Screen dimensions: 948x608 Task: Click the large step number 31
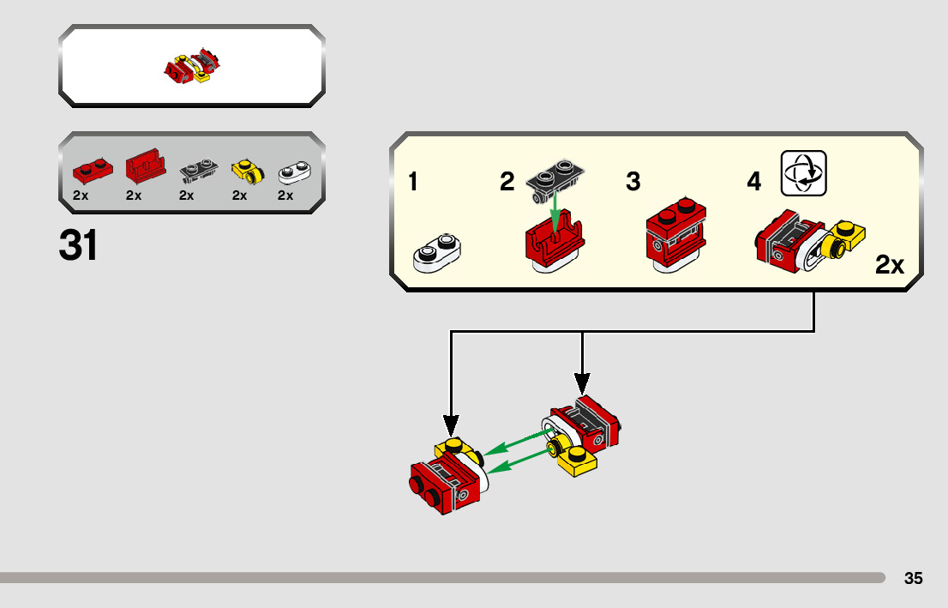(78, 245)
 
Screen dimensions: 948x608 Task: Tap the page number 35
(913, 578)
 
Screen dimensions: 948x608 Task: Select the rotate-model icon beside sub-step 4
(803, 173)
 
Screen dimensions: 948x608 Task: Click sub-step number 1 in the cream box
(413, 182)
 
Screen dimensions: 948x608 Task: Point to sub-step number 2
(507, 182)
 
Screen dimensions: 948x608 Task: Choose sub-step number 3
(633, 182)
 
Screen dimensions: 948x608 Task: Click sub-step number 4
(754, 182)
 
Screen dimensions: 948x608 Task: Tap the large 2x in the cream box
(890, 265)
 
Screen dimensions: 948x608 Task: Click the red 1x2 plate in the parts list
(93, 171)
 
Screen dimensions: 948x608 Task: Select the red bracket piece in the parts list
(146, 166)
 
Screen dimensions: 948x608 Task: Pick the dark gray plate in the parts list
(199, 171)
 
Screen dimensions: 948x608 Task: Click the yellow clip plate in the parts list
(248, 172)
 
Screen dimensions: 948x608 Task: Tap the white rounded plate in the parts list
(295, 172)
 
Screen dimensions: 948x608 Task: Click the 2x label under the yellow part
(239, 196)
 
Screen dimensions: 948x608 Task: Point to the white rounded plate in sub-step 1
(436, 252)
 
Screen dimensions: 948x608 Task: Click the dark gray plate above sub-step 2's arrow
(555, 177)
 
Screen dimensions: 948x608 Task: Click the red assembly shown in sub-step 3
(676, 235)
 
